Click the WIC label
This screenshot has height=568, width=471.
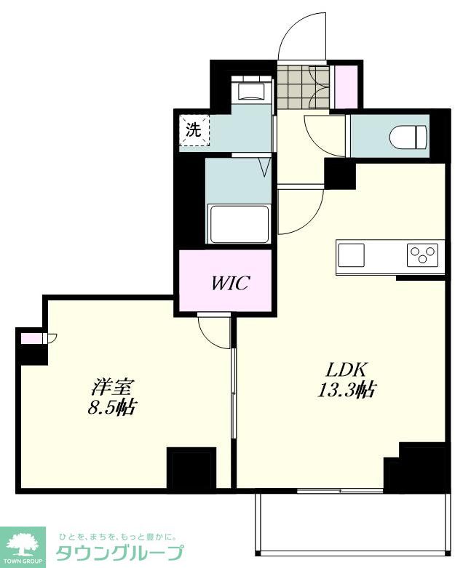[x=230, y=283]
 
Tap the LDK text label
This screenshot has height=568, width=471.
[x=347, y=369]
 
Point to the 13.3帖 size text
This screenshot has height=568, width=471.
[x=347, y=390]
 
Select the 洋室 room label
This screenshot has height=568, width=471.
[x=113, y=387]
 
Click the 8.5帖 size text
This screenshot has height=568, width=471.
[x=111, y=407]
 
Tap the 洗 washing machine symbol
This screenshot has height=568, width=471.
[x=194, y=130]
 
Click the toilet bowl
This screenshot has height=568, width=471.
[x=408, y=137]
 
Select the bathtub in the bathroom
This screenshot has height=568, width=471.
[x=238, y=224]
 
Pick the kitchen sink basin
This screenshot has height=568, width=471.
[x=352, y=255]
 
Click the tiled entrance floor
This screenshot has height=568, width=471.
[x=304, y=87]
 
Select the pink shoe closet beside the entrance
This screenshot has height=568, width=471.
[x=345, y=87]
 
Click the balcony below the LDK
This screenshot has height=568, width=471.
[x=353, y=524]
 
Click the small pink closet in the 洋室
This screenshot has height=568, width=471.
[x=31, y=338]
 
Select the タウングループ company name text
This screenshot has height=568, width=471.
[x=119, y=553]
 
